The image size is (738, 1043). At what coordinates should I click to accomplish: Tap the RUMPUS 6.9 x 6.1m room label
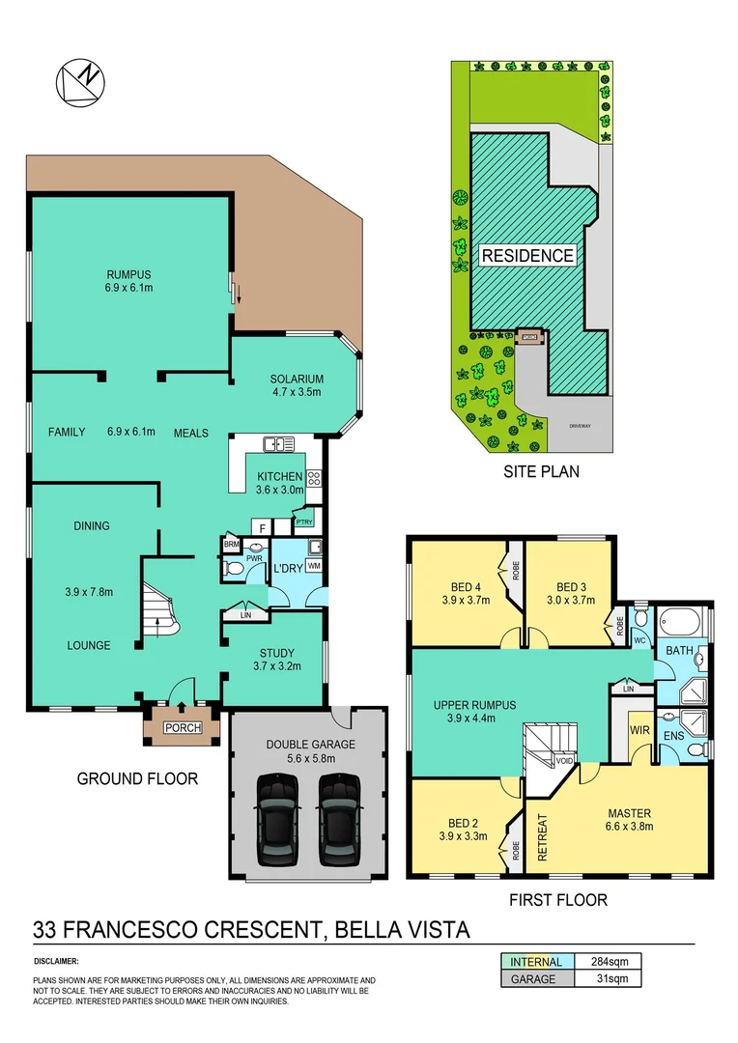tap(130, 281)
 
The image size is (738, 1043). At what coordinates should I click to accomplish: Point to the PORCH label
tap(182, 728)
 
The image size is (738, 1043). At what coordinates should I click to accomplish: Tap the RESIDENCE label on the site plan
tap(527, 256)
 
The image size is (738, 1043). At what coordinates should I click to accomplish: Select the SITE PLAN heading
tap(541, 472)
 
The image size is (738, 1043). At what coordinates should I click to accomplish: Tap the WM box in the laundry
tap(314, 567)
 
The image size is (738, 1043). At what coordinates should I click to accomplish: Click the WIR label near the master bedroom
tap(639, 732)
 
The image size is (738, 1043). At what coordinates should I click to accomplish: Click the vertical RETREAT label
tap(542, 837)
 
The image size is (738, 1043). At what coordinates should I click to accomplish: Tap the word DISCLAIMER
tap(56, 962)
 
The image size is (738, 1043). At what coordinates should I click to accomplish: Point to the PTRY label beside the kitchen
tap(303, 522)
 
